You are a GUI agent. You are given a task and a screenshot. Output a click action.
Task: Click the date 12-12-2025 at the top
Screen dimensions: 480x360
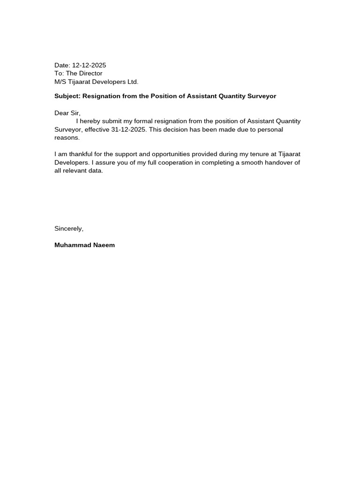point(89,65)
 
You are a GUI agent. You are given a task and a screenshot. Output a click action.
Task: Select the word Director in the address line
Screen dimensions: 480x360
point(90,74)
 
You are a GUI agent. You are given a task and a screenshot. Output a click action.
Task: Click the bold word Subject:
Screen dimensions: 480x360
point(67,96)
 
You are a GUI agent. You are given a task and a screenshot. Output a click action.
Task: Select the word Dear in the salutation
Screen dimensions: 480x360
point(61,113)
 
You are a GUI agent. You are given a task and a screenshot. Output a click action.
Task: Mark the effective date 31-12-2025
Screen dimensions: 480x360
point(129,130)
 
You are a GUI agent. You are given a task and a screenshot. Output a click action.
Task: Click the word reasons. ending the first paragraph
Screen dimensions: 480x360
point(67,138)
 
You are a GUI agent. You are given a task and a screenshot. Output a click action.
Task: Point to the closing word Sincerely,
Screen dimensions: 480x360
point(69,229)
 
